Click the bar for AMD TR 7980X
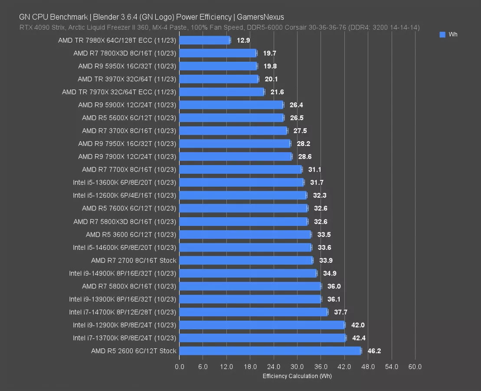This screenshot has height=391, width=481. click(x=204, y=40)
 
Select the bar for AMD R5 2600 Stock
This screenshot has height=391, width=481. click(x=270, y=351)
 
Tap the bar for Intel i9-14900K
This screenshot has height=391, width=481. click(x=248, y=273)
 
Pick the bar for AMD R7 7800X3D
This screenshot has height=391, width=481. click(x=218, y=53)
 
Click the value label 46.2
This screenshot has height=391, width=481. click(x=374, y=351)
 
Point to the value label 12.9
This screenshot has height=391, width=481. click(x=243, y=40)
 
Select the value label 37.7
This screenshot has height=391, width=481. click(x=340, y=312)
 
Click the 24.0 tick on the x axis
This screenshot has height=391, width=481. click(x=274, y=367)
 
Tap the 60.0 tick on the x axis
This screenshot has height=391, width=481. click(x=415, y=367)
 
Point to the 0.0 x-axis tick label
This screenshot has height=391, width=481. click(x=179, y=367)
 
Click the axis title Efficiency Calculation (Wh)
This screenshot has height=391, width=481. click(x=297, y=376)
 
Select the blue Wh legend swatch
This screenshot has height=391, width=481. click(x=442, y=35)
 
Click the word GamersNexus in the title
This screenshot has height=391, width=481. click(x=260, y=17)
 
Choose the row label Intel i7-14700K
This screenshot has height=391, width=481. click(x=123, y=312)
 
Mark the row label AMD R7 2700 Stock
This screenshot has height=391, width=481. click(x=134, y=261)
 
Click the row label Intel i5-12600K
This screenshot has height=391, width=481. click(x=124, y=196)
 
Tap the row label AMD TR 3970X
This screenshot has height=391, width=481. click(x=127, y=79)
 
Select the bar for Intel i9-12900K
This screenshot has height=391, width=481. click(x=262, y=325)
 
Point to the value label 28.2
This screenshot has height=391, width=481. click(x=303, y=144)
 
